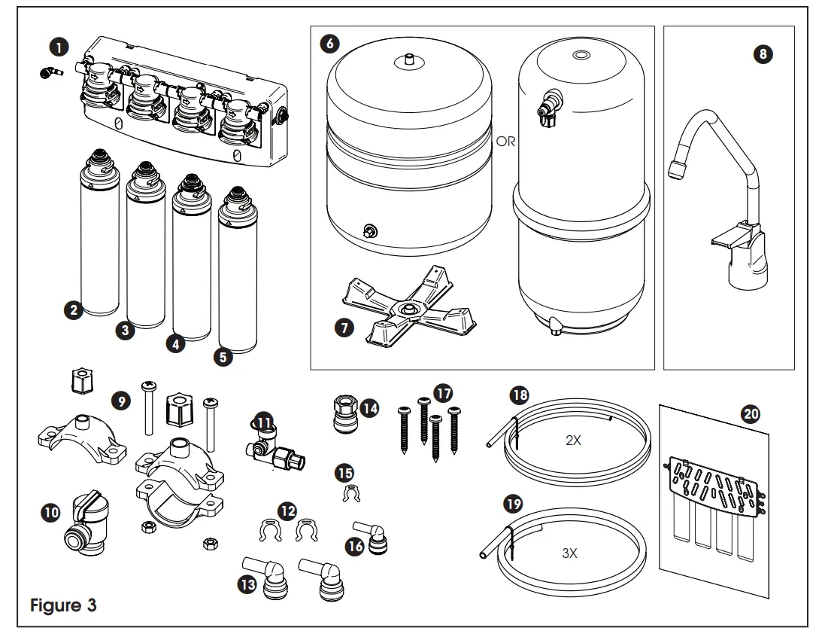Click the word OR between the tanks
click(506, 142)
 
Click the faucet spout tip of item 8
click(675, 172)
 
